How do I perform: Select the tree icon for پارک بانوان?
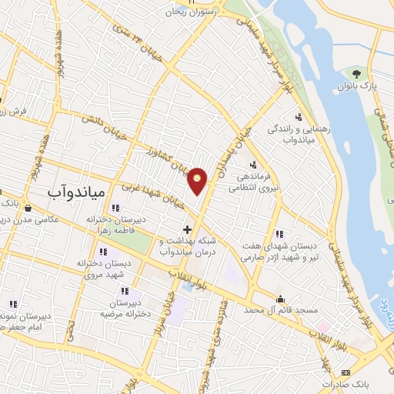[x=357, y=74]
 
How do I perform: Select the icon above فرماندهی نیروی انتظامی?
[x=252, y=164]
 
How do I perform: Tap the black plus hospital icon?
[x=187, y=229]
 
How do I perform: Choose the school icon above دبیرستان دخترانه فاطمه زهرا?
[x=115, y=208]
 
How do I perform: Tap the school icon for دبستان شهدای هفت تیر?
[x=279, y=234]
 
